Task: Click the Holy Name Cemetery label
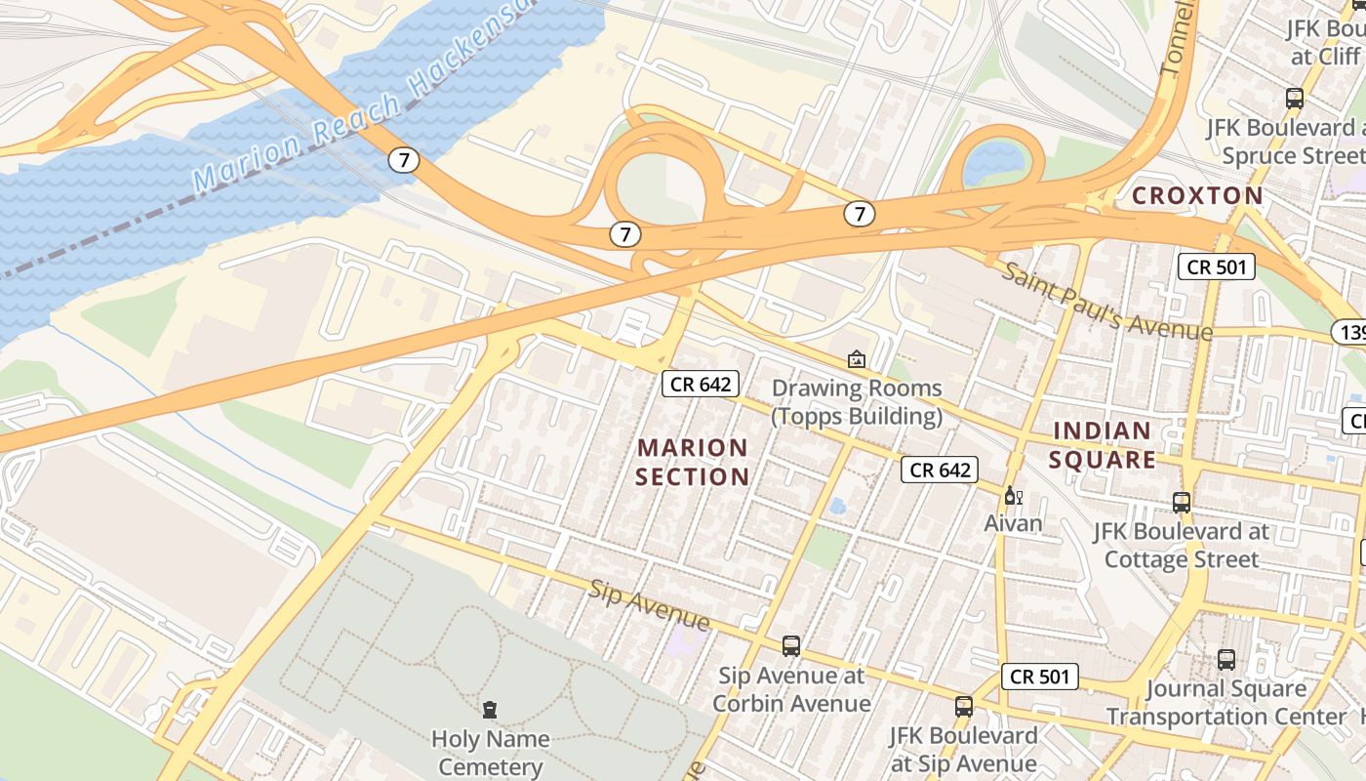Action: [490, 753]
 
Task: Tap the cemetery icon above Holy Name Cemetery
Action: [490, 710]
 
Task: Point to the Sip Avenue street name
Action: [649, 604]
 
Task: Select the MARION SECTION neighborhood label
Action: [693, 462]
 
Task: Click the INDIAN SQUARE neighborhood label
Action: [1103, 445]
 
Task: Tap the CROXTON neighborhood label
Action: [1197, 195]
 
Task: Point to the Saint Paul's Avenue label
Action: [1106, 302]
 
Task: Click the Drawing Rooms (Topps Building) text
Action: [857, 402]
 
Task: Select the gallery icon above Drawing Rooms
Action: [857, 359]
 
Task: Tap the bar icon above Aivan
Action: [1013, 496]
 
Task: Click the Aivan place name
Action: [1013, 523]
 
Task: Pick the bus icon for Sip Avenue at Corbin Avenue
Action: [791, 646]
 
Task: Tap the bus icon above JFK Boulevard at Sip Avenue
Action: [964, 707]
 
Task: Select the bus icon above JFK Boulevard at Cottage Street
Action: [1182, 503]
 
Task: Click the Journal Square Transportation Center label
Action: [1225, 703]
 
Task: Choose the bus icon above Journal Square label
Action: [1226, 660]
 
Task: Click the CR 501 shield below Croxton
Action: [1216, 267]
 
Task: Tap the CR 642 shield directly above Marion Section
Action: [701, 384]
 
